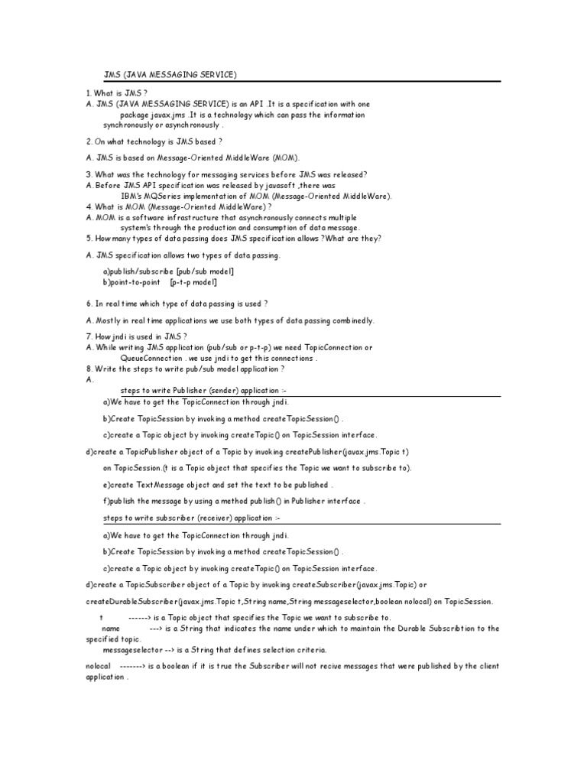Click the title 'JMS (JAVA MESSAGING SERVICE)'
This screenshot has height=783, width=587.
click(170, 74)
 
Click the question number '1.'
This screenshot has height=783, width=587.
click(89, 93)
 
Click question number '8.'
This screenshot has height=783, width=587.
click(89, 368)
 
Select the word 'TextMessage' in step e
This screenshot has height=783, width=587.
click(161, 485)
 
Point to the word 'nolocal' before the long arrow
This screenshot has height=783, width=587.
click(99, 666)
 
